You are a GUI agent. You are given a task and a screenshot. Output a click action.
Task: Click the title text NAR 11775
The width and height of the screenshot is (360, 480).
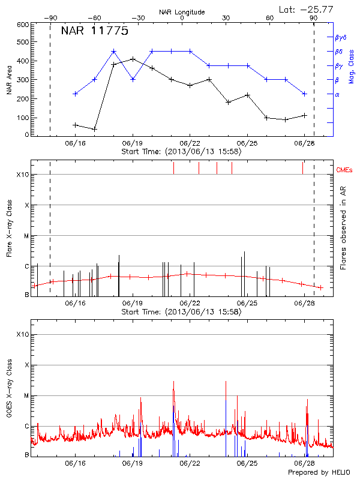pyautogui.click(x=94, y=32)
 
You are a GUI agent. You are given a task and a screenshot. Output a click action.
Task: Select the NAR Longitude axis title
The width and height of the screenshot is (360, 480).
pyautogui.click(x=182, y=11)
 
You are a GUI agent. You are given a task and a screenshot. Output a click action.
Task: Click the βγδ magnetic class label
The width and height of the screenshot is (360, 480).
pyautogui.click(x=341, y=37)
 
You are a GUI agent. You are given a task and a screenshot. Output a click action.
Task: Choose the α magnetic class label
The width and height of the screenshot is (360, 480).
pyautogui.click(x=337, y=94)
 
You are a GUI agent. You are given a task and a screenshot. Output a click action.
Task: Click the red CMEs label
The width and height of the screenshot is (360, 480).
pyautogui.click(x=345, y=170)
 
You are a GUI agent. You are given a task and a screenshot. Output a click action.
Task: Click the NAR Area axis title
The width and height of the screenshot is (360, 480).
pyautogui.click(x=10, y=80)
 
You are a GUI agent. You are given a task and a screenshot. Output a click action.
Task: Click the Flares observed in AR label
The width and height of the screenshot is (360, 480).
pyautogui.click(x=343, y=227)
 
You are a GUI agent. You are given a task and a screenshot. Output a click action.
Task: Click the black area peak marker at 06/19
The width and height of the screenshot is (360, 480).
pyautogui.click(x=133, y=59)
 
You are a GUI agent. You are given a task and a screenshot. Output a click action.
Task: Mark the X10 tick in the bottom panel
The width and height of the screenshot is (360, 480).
pyautogui.click(x=23, y=334)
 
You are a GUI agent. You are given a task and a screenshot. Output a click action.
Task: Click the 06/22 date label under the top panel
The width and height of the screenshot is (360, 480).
pyautogui.click(x=190, y=144)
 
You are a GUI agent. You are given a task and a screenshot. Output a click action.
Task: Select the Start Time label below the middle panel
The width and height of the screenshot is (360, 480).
pyautogui.click(x=181, y=312)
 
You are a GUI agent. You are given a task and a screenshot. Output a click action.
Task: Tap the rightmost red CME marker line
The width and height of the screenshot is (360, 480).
pyautogui.click(x=303, y=168)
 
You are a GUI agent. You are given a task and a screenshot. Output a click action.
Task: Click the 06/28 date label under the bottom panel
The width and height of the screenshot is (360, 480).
pyautogui.click(x=305, y=463)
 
